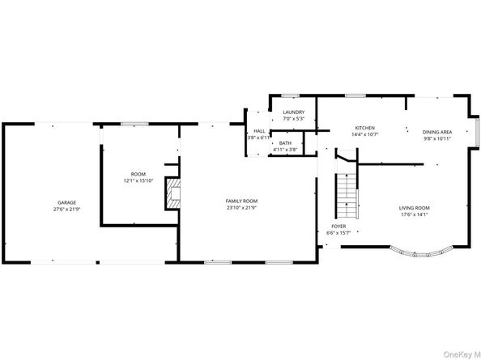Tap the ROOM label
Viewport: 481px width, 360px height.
click(x=138, y=174)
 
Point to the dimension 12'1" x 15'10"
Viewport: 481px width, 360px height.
click(x=138, y=181)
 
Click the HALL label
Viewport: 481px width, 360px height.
click(x=259, y=131)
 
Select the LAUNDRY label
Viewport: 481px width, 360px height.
click(x=293, y=112)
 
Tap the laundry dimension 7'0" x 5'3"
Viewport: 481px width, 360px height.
click(x=293, y=120)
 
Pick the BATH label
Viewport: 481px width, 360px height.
click(x=285, y=142)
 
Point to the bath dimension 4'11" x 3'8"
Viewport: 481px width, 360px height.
click(x=285, y=150)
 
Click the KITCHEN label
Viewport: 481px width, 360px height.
click(x=365, y=128)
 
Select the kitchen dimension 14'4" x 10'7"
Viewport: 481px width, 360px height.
click(x=365, y=135)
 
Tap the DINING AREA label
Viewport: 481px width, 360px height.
click(x=437, y=132)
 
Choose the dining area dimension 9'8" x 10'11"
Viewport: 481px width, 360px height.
click(x=437, y=139)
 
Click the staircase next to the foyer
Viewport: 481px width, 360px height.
click(x=346, y=190)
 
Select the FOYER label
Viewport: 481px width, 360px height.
click(x=338, y=226)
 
